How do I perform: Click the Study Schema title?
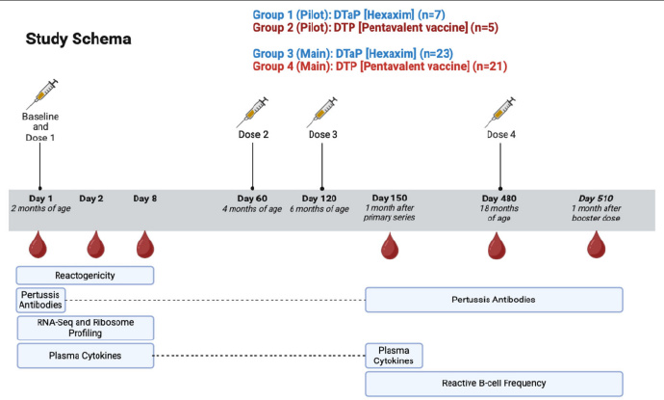pyautogui.click(x=78, y=39)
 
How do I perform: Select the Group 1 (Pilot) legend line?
pyautogui.click(x=349, y=14)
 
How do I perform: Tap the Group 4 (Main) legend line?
pyautogui.click(x=380, y=67)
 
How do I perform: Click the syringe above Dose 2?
pyautogui.click(x=252, y=112)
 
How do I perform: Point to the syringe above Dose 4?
pyautogui.click(x=500, y=112)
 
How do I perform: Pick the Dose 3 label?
pyautogui.click(x=323, y=135)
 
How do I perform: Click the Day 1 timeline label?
pyautogui.click(x=40, y=199)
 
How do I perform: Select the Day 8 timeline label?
pyautogui.click(x=144, y=199)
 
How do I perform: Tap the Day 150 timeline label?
pyautogui.click(x=390, y=198)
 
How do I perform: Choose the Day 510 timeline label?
pyautogui.click(x=596, y=199)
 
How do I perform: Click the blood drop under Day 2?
pyautogui.click(x=95, y=245)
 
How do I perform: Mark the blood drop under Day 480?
pyautogui.click(x=497, y=245)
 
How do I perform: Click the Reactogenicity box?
pyautogui.click(x=85, y=276)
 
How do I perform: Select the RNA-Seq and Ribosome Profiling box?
pyautogui.click(x=86, y=328)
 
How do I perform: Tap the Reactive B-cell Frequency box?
pyautogui.click(x=494, y=384)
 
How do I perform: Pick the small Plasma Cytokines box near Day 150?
pyautogui.click(x=394, y=356)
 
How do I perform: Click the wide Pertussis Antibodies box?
pyautogui.click(x=494, y=300)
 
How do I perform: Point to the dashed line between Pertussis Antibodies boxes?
pyautogui.click(x=216, y=300)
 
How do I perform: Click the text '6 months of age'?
pyautogui.click(x=319, y=209)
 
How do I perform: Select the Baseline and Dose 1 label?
pyautogui.click(x=40, y=127)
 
